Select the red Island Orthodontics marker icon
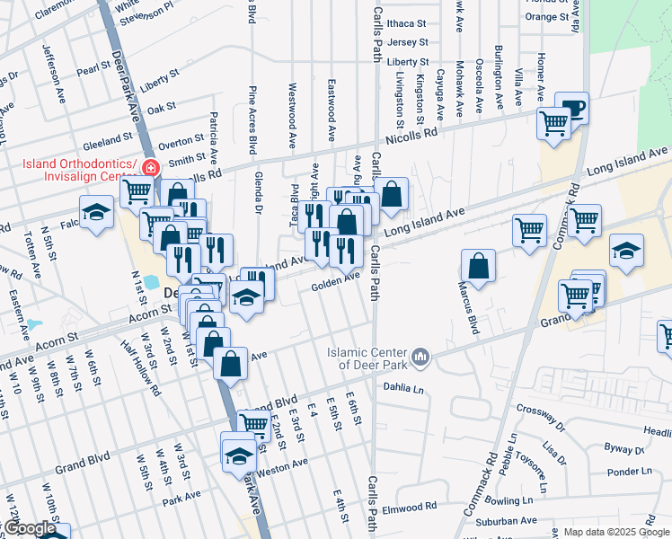(x=151, y=167)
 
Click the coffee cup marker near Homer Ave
(x=571, y=108)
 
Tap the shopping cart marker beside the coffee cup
(x=553, y=122)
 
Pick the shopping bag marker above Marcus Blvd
(x=478, y=265)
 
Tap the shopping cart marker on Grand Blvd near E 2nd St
(x=253, y=423)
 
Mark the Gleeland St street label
(x=107, y=141)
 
